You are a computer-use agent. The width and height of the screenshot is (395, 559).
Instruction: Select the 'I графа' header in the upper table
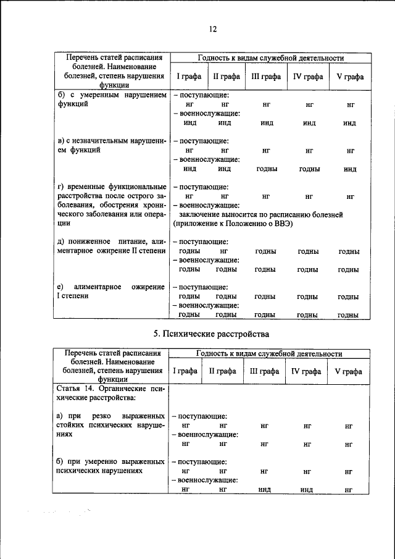[186, 77]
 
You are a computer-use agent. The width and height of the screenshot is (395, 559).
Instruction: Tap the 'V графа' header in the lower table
[348, 372]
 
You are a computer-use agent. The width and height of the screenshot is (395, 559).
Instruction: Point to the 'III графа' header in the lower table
[264, 372]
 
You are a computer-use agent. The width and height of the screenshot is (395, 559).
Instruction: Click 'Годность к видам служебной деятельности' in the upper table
[270, 58]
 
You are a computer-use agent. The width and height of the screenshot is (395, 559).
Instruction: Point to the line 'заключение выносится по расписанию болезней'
[260, 214]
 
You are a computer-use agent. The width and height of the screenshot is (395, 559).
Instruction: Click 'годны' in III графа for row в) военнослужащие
[266, 169]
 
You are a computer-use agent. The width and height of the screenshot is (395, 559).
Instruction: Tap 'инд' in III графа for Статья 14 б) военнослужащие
[266, 489]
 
